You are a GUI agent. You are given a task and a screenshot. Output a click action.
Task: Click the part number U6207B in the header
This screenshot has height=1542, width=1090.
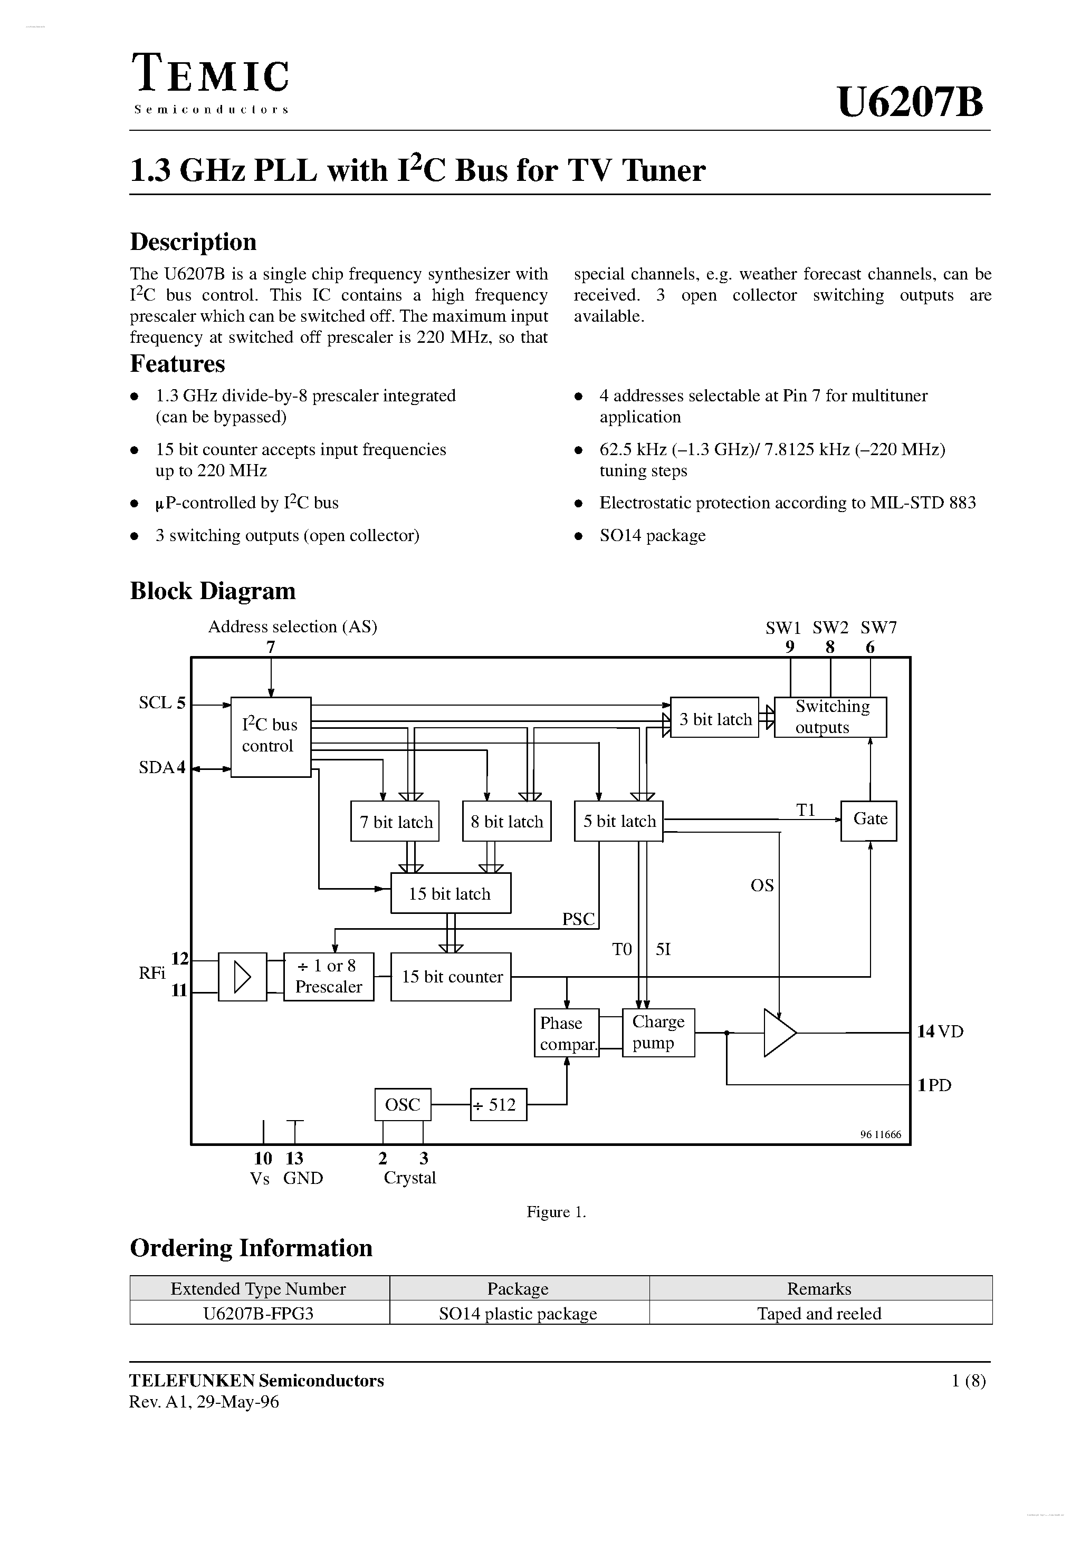910,103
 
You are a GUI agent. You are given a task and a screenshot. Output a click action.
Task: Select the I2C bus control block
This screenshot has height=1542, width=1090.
270,737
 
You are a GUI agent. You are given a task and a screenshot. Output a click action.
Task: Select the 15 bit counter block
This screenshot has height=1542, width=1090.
451,977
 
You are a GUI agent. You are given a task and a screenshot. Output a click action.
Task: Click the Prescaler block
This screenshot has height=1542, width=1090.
329,977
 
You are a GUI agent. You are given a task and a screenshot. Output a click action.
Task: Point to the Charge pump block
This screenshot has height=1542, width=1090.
658,1032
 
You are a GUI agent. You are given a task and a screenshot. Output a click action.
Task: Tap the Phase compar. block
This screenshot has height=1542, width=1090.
567,1033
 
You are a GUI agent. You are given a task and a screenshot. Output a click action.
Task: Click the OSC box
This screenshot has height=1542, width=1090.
403,1105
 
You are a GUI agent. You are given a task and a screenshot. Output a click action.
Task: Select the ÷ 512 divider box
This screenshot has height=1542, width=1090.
498,1105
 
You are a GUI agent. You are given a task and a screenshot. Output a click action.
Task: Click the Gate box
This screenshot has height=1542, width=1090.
869,820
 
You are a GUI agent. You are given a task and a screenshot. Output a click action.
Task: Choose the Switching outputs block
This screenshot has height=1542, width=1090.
830,717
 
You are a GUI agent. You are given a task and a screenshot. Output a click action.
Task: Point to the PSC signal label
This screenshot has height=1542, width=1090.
578,919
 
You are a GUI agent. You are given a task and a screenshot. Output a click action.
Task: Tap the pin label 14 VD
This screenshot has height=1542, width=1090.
940,1031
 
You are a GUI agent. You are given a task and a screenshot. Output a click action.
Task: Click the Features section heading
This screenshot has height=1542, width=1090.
177,363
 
